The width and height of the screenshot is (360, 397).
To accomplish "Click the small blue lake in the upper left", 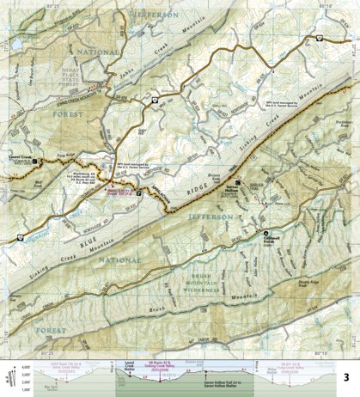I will click(x=15, y=43).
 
